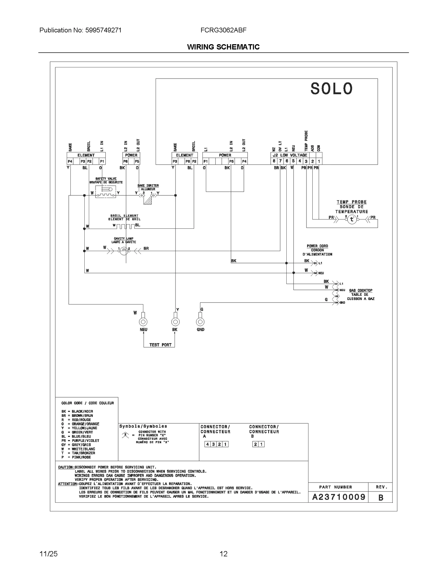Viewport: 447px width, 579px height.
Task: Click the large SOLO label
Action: pos(331,89)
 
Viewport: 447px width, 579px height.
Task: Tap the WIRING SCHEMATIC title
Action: pos(223,47)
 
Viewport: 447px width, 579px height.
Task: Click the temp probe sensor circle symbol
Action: pos(352,219)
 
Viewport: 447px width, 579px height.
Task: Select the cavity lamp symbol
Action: pos(124,251)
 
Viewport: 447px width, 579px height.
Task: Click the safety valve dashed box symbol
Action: pos(106,192)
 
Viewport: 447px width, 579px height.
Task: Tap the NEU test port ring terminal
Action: pos(143,322)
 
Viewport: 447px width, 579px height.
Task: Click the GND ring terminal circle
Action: pos(200,322)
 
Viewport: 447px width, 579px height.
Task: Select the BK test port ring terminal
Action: pos(175,322)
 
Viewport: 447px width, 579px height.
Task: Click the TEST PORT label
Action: pos(160,345)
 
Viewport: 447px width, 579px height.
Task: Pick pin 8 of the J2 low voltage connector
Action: pos(274,161)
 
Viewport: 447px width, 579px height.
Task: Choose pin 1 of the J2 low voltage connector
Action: pos(319,161)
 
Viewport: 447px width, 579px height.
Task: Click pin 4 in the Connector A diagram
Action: pos(208,444)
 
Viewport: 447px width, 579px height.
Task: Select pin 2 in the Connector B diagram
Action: pos(255,444)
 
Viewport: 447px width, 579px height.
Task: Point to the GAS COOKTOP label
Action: pos(361,290)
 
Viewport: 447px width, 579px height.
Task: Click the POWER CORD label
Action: pos(317,246)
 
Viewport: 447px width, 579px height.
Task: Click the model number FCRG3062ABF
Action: pos(223,30)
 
